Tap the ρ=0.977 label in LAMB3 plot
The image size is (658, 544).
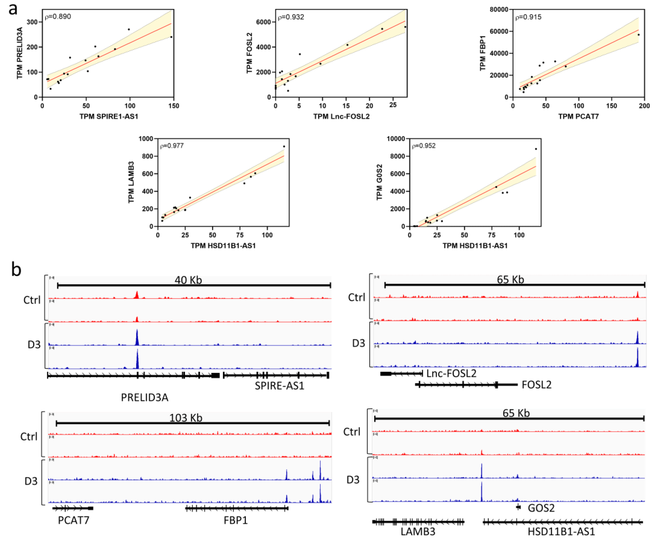[x=172, y=146]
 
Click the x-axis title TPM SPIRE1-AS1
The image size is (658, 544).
[x=109, y=117]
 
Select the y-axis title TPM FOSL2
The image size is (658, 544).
[x=249, y=53]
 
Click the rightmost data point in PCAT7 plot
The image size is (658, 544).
[x=639, y=35]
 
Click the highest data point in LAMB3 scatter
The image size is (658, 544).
[x=284, y=146]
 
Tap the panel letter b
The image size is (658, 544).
[x=16, y=269]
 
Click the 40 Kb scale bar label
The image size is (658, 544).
[x=188, y=280]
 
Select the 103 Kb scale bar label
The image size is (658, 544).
[x=186, y=418]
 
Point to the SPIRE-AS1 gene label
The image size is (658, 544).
[x=280, y=386]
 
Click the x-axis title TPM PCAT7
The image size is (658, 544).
[x=578, y=117]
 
